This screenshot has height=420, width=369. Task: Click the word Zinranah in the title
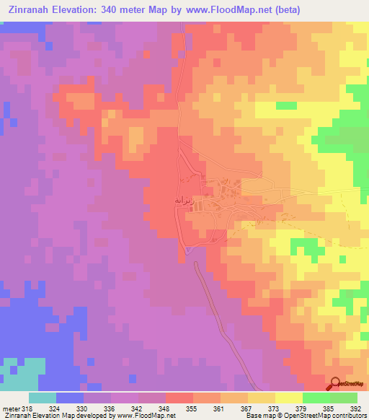32,9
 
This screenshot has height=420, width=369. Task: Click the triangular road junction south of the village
187,250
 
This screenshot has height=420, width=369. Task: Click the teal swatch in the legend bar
42,398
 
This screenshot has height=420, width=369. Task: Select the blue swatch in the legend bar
69,398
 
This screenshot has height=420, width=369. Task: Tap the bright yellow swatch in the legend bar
288,398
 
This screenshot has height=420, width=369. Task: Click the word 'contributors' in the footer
348,415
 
